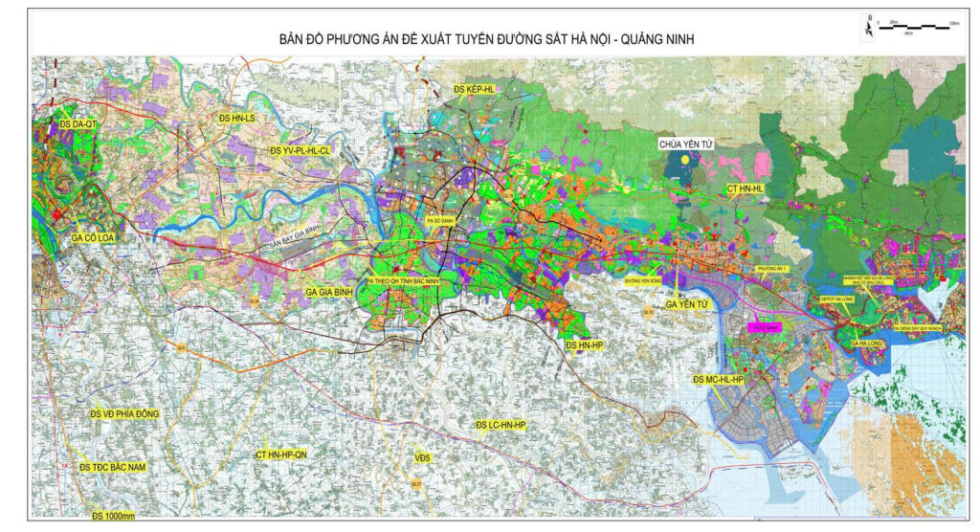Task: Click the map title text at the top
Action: (x=484, y=39)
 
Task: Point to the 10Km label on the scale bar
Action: (x=953, y=21)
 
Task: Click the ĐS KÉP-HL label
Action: (x=474, y=89)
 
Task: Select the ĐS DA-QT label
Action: (x=78, y=124)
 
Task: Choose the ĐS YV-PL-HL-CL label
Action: (x=300, y=151)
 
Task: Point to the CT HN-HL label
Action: (x=746, y=189)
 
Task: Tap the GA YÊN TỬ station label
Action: (x=686, y=304)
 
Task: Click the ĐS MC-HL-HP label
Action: (x=718, y=380)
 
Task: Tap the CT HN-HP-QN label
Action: (x=281, y=454)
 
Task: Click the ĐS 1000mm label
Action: (x=114, y=517)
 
